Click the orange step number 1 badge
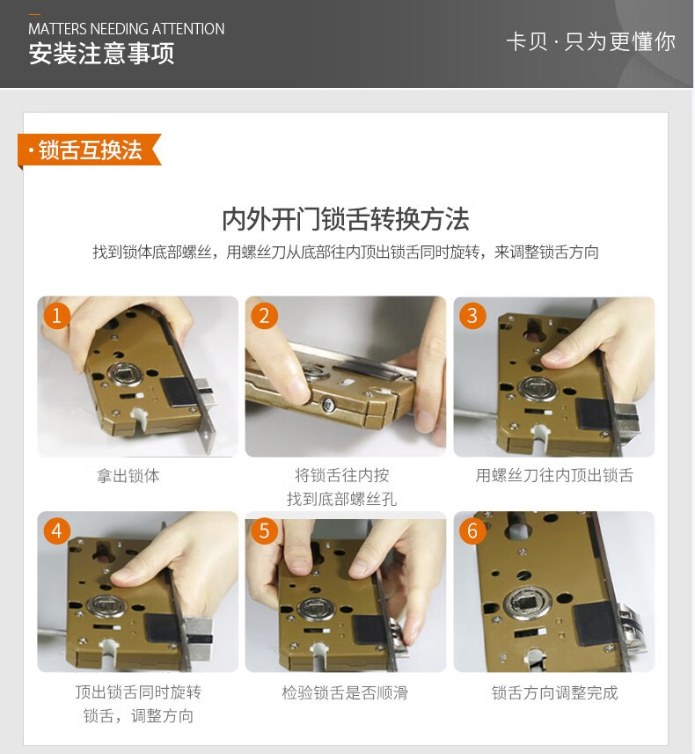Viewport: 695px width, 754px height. pos(57,316)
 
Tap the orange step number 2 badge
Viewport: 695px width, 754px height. pos(265,316)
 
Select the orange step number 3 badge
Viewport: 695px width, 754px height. pos(472,316)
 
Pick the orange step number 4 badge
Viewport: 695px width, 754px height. pos(57,531)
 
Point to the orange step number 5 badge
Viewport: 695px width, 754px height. pos(265,531)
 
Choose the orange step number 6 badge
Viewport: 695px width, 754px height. pos(472,531)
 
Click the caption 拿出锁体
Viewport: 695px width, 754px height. pos(128,476)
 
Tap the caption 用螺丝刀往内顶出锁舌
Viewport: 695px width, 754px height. pos(554,475)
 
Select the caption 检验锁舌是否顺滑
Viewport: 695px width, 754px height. pos(345,692)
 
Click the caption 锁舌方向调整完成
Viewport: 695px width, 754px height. pos(554,692)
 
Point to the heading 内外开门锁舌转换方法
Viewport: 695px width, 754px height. pos(346,219)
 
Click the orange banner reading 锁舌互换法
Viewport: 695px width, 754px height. pos(90,150)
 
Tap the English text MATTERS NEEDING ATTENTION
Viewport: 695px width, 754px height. pos(127,29)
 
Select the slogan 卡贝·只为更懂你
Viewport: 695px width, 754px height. pos(591,42)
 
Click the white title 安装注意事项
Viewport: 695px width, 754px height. pos(101,54)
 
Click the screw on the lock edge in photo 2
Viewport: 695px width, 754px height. pos(328,405)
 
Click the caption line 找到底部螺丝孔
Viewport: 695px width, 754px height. pos(342,499)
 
